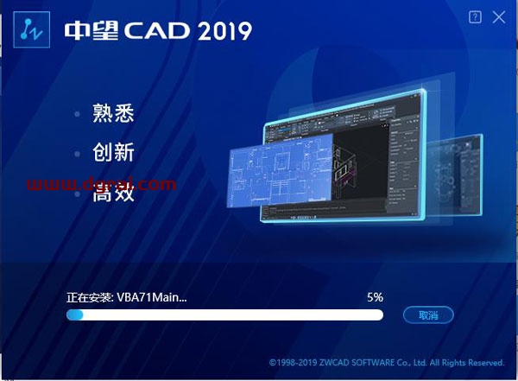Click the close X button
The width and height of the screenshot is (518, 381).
498,16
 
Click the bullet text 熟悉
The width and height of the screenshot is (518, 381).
113,113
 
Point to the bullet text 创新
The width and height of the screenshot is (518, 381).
113,154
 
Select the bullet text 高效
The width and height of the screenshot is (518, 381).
113,194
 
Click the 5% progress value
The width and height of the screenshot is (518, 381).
374,296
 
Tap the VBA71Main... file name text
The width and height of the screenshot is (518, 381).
151,296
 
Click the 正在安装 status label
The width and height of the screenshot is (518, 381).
88,296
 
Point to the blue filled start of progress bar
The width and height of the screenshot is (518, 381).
75,315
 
